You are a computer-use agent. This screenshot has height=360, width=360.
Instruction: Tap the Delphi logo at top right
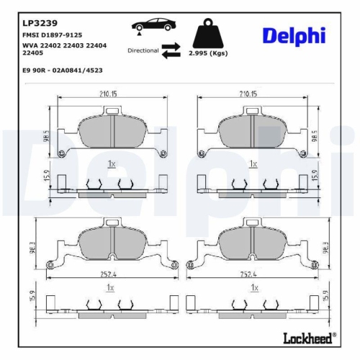tap(293, 35)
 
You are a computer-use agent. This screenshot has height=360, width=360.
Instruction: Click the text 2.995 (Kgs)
tap(207, 54)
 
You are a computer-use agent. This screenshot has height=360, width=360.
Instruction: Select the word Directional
tap(143, 51)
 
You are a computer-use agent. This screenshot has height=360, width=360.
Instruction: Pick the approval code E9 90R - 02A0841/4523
tap(61, 71)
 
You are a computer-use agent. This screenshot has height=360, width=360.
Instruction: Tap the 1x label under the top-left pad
tap(111, 164)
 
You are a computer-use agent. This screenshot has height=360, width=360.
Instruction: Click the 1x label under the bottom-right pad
tap(253, 287)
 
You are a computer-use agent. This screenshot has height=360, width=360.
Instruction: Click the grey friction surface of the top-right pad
tap(252, 130)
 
